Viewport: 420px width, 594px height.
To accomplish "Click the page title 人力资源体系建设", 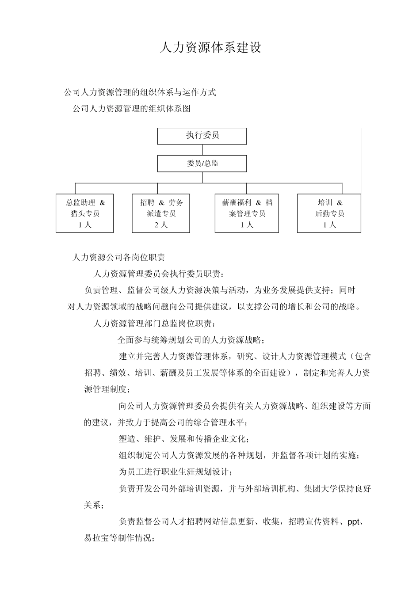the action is [x=210, y=48].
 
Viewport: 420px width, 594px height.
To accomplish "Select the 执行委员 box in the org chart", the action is [x=202, y=136].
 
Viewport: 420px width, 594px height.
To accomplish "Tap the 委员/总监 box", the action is [x=202, y=164].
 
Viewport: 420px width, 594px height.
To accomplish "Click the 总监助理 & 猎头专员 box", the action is [x=85, y=213].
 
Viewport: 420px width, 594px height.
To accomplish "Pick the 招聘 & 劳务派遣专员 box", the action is [x=161, y=213].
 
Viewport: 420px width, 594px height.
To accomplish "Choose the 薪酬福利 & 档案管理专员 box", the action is [x=247, y=213].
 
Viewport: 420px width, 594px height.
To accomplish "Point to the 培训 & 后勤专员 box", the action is [x=329, y=213].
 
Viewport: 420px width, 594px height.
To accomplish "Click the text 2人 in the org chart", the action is [x=161, y=225].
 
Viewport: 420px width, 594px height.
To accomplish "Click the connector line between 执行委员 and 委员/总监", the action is [x=202, y=150].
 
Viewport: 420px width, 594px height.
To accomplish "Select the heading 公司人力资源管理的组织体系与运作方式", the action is [x=140, y=93].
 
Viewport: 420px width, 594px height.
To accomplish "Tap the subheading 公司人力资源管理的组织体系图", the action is [x=131, y=108].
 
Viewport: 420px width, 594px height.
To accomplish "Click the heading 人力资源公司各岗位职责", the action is [x=118, y=257].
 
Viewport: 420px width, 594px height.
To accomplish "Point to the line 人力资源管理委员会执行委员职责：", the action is [x=159, y=274].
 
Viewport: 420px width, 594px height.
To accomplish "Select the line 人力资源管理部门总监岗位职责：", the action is [x=155, y=324].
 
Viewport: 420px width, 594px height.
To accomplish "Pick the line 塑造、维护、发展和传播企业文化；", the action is [x=184, y=439].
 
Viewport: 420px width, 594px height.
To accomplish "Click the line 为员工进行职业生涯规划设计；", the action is [x=175, y=472].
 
